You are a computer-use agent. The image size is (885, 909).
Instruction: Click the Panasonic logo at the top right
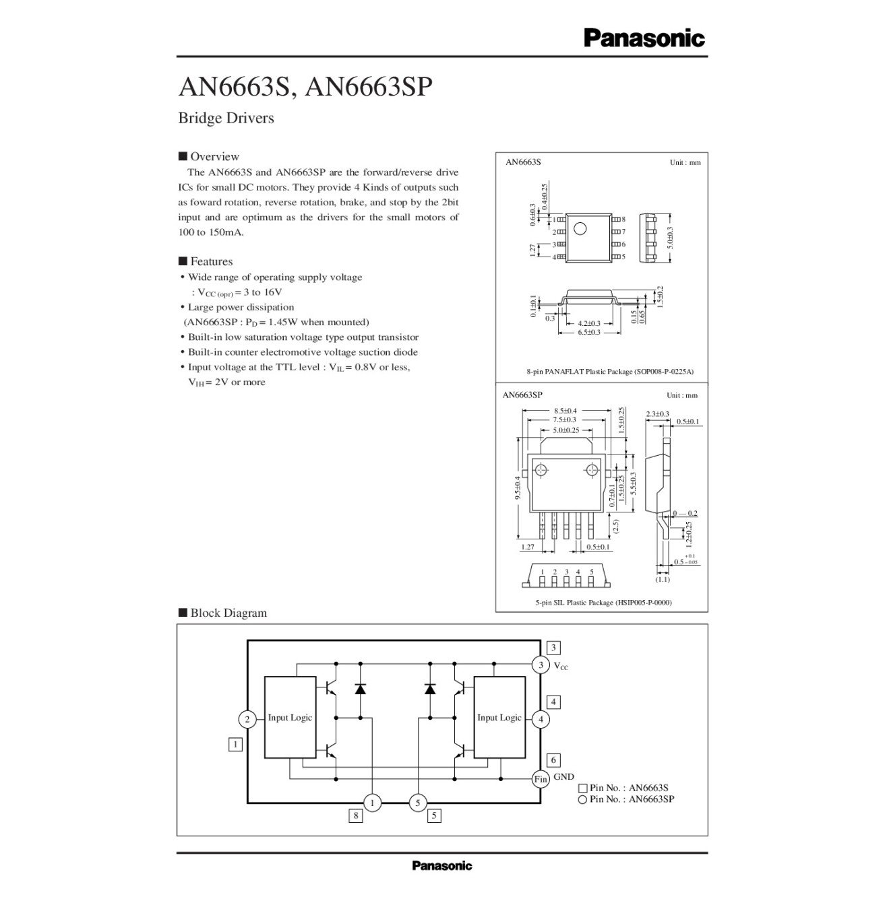coord(644,38)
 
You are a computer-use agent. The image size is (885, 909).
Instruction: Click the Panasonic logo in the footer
coord(441,866)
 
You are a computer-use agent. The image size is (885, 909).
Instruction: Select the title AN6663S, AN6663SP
coord(304,88)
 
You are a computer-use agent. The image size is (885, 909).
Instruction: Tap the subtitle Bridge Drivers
coord(226,119)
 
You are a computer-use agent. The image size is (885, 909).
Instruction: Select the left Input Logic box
coord(290,717)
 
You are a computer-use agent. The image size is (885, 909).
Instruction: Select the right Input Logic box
coord(499,717)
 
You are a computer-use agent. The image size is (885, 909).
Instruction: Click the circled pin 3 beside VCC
coord(541,665)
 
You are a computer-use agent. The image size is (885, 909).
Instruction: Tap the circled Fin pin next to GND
coord(541,779)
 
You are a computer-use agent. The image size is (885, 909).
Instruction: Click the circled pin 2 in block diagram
coord(247,719)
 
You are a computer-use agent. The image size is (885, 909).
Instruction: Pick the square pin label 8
coord(355,816)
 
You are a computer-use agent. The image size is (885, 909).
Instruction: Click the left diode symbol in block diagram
coord(360,689)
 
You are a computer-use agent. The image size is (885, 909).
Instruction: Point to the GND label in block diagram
coord(563,777)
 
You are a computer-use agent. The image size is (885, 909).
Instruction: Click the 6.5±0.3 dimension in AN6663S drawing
coord(588,333)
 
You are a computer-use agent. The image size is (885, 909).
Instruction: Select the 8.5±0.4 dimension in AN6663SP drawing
coord(565,411)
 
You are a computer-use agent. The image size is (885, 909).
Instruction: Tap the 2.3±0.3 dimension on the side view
coord(657,413)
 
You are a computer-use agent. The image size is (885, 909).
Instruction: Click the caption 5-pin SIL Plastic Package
coord(603,603)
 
